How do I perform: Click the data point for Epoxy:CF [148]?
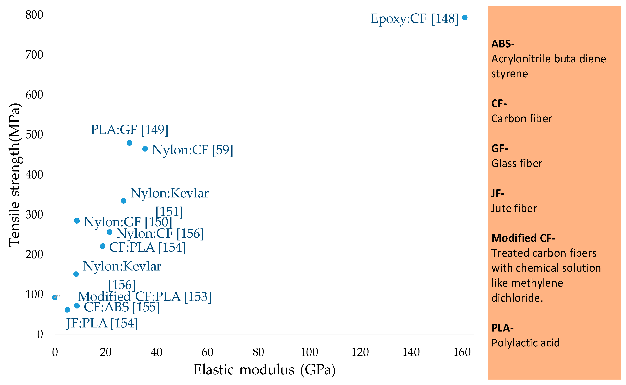pyautogui.click(x=465, y=18)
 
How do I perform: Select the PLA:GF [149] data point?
pyautogui.click(x=129, y=143)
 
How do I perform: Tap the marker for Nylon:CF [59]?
pyautogui.click(x=145, y=149)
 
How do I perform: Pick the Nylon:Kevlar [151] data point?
pyautogui.click(x=124, y=201)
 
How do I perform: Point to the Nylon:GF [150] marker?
pyautogui.click(x=77, y=220)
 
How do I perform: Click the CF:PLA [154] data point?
pyautogui.click(x=103, y=246)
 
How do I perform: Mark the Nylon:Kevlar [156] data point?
pyautogui.click(x=76, y=274)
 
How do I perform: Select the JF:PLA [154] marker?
pyautogui.click(x=67, y=310)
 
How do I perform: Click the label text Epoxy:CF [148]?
pyautogui.click(x=414, y=19)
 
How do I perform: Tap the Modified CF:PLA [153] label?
pyautogui.click(x=145, y=296)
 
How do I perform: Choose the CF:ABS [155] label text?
pyautogui.click(x=122, y=307)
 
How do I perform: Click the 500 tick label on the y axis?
pyautogui.click(x=34, y=135)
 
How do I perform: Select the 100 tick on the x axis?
pyautogui.click(x=309, y=352)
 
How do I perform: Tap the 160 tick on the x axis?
pyautogui.click(x=462, y=352)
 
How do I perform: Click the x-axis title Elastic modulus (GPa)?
pyautogui.click(x=264, y=369)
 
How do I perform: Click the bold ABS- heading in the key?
pyautogui.click(x=503, y=44)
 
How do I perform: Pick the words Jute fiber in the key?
pyautogui.click(x=514, y=208)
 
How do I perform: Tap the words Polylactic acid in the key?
pyautogui.click(x=525, y=343)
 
